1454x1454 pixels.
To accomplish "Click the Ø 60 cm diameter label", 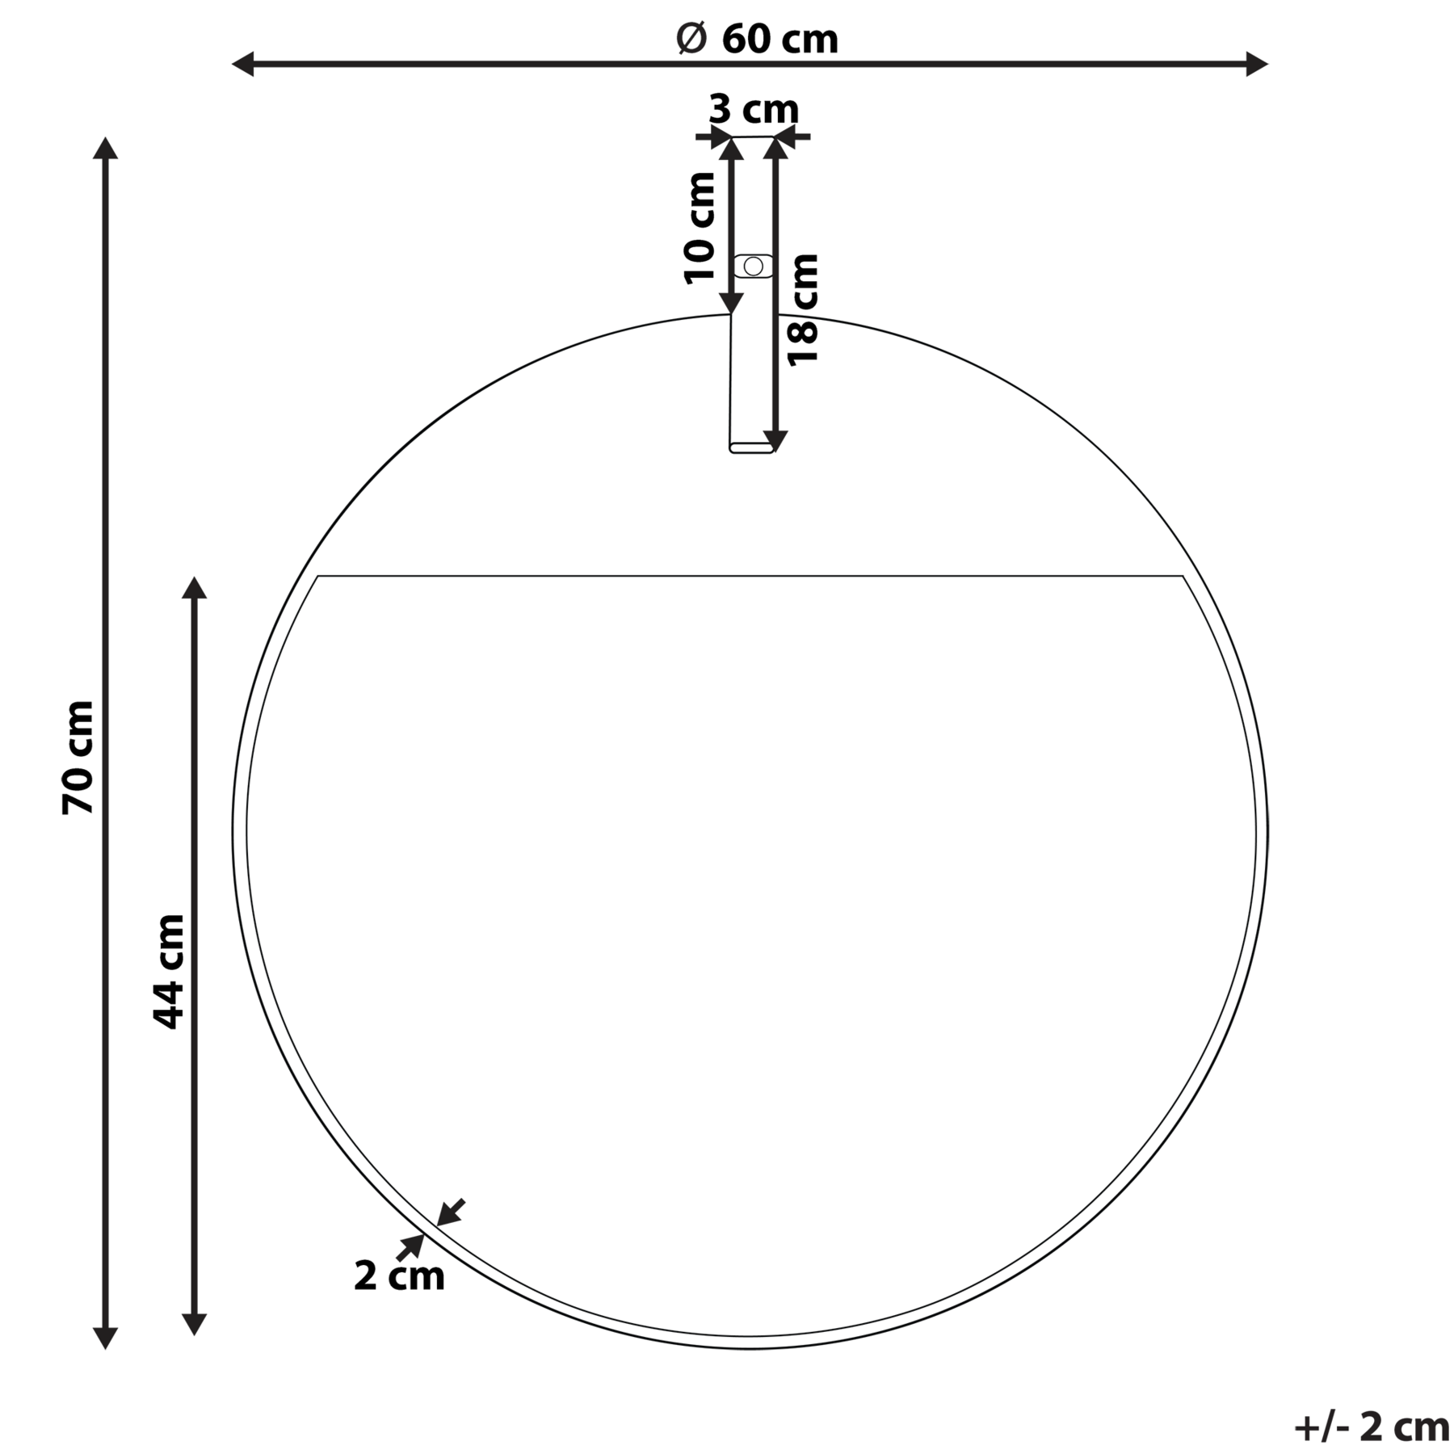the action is tap(757, 38).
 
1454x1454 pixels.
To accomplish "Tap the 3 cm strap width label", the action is tap(754, 108).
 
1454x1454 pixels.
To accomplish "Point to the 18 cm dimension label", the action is tap(803, 310).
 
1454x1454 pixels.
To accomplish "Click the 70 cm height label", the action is tap(78, 758).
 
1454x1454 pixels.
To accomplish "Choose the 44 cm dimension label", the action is tap(168, 972).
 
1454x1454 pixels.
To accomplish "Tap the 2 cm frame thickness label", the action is tap(399, 1276).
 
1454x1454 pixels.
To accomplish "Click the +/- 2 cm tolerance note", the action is tap(1372, 1427).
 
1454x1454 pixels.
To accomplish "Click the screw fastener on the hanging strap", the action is tap(753, 266).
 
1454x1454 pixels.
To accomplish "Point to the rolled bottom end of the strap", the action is tap(752, 447).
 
